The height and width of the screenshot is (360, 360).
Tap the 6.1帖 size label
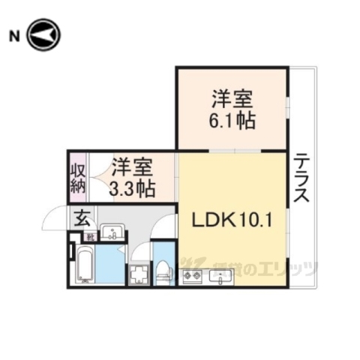(232, 120)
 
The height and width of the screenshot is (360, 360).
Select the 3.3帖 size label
(132, 187)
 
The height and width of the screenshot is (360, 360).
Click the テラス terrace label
(301, 178)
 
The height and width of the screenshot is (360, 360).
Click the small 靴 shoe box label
(90, 236)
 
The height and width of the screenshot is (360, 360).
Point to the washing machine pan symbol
(138, 274)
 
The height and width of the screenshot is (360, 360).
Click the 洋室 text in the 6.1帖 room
(232, 98)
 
